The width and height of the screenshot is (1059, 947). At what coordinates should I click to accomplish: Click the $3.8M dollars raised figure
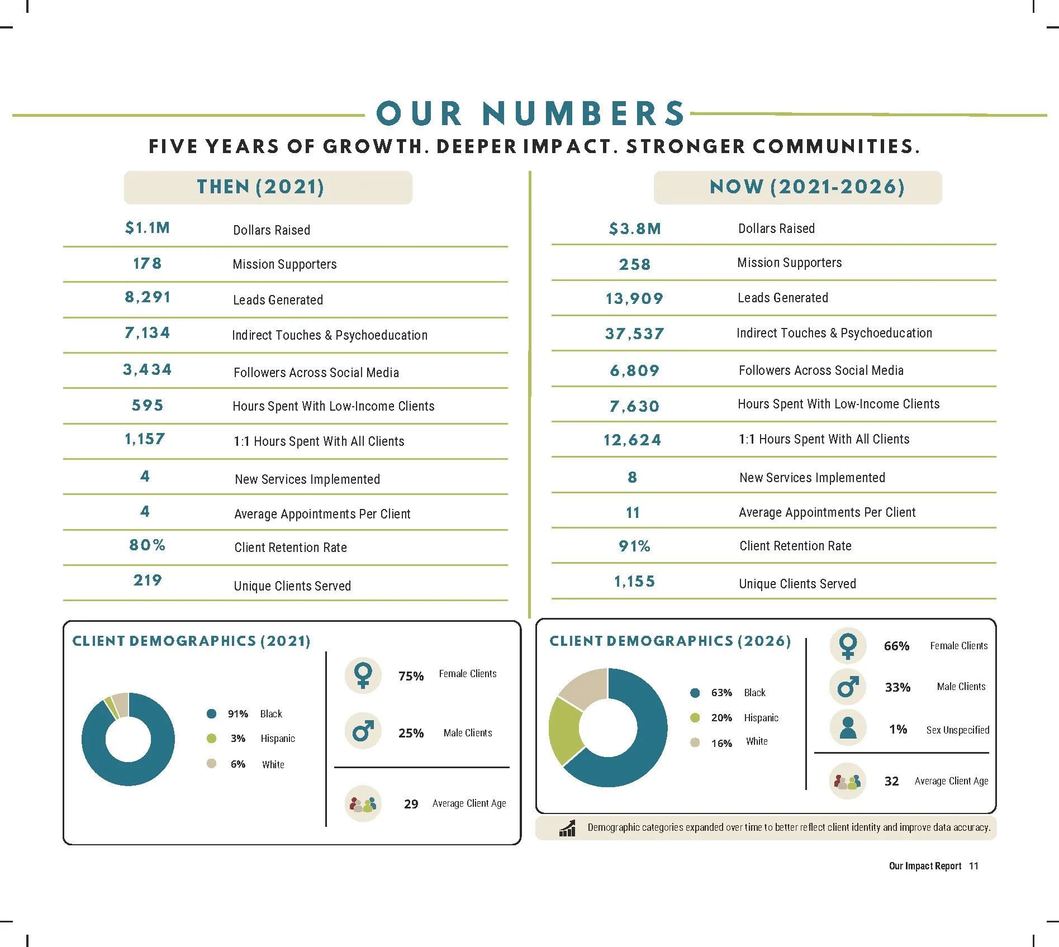point(635,229)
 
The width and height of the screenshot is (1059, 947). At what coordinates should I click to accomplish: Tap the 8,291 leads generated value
point(148,297)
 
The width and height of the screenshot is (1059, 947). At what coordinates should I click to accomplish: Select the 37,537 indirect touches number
point(635,334)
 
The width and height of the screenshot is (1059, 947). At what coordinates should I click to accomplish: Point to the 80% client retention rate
point(148,545)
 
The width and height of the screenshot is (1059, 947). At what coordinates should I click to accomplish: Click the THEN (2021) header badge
point(268,187)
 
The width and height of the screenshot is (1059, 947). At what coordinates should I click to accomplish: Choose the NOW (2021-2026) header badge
point(797,187)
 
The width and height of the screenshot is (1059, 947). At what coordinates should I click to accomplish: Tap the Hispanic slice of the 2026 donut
point(564,730)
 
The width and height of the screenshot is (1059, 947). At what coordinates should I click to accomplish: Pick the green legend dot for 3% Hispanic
point(211,739)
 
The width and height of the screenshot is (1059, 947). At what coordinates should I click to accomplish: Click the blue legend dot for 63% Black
point(695,693)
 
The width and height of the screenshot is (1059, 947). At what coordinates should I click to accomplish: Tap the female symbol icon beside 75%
point(363,675)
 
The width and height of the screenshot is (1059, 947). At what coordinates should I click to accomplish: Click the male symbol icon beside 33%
point(848,687)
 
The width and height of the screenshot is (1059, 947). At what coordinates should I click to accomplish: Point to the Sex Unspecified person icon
point(848,728)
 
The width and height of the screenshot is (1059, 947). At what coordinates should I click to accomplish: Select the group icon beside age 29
point(363,804)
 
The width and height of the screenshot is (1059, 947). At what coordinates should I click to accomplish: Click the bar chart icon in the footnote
point(567,829)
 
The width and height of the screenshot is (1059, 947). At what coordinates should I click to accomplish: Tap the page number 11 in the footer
point(973,866)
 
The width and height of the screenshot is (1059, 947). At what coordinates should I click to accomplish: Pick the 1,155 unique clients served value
point(634,582)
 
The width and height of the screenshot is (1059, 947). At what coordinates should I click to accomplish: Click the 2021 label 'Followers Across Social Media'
point(316,373)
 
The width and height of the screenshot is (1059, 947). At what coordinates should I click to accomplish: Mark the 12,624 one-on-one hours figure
point(632,440)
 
